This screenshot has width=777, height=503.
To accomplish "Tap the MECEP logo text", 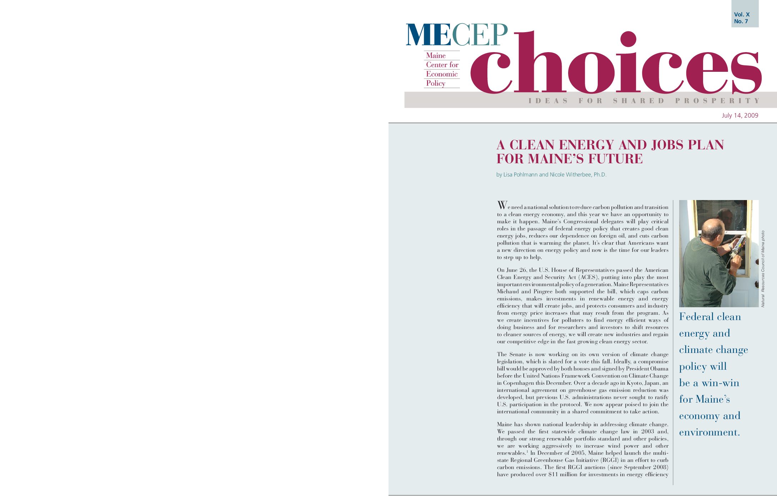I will click(x=457, y=35).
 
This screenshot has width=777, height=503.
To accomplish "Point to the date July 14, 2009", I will click(x=740, y=115).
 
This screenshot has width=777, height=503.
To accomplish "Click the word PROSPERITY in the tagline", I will click(x=717, y=101).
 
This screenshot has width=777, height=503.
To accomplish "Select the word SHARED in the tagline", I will click(x=639, y=101).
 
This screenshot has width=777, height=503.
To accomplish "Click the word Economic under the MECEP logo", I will click(x=442, y=74).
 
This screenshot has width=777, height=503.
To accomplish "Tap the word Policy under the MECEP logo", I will click(x=436, y=83).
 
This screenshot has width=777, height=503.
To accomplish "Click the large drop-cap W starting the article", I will click(x=502, y=205).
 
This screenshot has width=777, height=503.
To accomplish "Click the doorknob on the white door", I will click(x=756, y=284).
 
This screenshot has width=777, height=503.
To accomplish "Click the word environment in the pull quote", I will click(x=709, y=432).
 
